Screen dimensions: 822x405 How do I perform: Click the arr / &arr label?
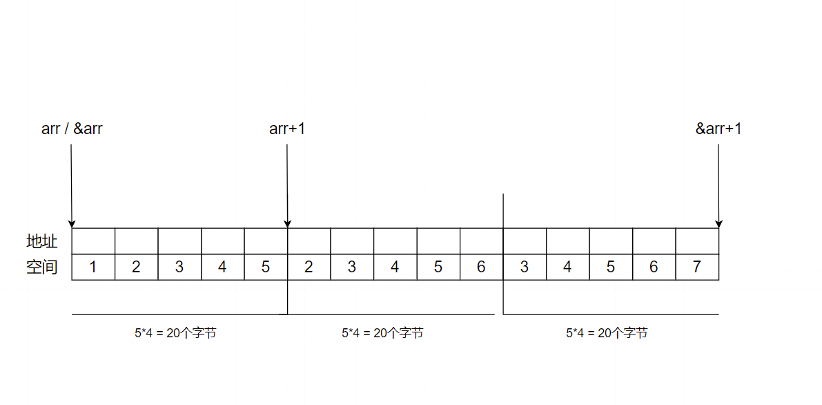[x=72, y=129]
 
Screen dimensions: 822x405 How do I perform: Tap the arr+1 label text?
[x=287, y=129]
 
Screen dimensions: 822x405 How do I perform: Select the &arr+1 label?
[x=718, y=129]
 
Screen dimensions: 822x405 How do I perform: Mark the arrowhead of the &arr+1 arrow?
[x=718, y=223]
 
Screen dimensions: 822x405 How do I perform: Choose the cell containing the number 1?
[x=93, y=267]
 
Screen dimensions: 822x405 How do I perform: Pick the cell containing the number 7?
[x=697, y=267]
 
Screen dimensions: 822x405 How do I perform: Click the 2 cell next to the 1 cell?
[x=136, y=267]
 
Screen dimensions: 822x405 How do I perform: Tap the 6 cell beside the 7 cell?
[x=654, y=267]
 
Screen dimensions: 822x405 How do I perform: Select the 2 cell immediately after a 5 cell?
[x=309, y=267]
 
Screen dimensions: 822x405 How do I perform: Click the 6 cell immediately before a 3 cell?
[x=481, y=267]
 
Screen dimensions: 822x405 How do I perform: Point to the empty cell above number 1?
[x=93, y=241]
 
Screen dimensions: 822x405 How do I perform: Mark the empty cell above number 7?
[x=697, y=241]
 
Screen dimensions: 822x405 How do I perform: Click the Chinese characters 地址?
[x=41, y=241]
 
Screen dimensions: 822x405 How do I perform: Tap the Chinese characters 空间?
[x=41, y=267]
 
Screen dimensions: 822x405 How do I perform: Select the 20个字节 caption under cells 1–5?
[x=175, y=333]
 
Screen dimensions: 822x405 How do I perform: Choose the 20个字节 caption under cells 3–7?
[x=607, y=333]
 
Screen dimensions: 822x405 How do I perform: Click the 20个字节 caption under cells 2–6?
[x=382, y=333]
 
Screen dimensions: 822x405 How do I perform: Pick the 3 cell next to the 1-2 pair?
[x=179, y=267]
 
